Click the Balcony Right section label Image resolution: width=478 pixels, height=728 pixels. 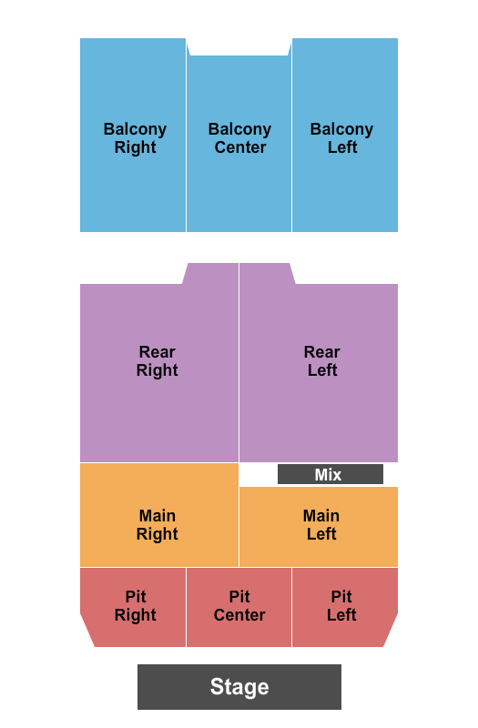tap(135, 138)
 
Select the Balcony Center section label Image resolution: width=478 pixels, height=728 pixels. tap(239, 138)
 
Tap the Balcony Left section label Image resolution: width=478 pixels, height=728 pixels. tap(342, 138)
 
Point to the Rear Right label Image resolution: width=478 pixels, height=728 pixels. tap(157, 360)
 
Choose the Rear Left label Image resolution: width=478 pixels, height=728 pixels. tap(322, 360)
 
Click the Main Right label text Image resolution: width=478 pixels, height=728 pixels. tap(157, 525)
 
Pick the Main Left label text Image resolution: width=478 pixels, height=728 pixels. tap(321, 525)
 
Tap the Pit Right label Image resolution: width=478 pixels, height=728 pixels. tap(135, 605)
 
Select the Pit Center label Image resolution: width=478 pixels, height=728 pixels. tap(239, 605)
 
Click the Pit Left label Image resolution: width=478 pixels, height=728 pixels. tap(341, 605)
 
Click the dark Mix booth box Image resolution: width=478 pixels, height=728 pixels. tap(331, 474)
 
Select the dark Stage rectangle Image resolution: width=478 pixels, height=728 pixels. tap(239, 687)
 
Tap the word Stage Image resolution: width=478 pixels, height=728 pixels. tap(239, 687)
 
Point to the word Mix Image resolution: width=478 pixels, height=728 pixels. tap(328, 474)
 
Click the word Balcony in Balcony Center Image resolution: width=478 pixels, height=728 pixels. tap(239, 129)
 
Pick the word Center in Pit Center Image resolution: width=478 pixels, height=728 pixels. tap(239, 615)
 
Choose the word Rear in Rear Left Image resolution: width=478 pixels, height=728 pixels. tap(322, 352)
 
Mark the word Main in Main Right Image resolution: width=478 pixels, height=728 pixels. tap(158, 516)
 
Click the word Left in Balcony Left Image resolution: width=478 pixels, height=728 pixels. tap(342, 147)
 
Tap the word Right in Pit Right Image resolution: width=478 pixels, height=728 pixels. tap(135, 616)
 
